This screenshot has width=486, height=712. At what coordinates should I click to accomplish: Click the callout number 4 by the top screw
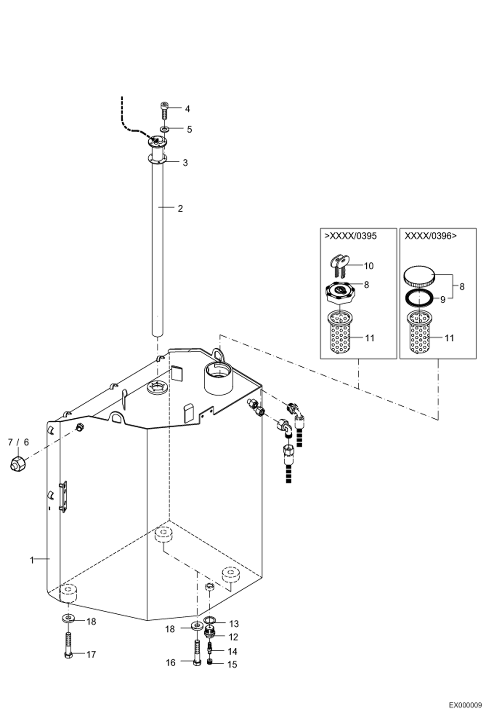[187, 109]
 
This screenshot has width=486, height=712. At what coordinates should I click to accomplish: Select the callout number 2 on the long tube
[180, 208]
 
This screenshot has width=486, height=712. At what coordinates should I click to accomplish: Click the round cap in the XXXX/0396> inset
[419, 275]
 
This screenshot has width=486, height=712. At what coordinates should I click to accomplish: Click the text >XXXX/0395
[351, 236]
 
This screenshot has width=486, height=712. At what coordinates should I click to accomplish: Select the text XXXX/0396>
[431, 236]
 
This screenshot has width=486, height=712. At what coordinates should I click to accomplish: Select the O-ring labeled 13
[210, 620]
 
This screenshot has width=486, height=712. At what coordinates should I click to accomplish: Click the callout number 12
[233, 637]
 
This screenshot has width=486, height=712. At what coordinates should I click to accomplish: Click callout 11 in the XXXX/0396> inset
[449, 338]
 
